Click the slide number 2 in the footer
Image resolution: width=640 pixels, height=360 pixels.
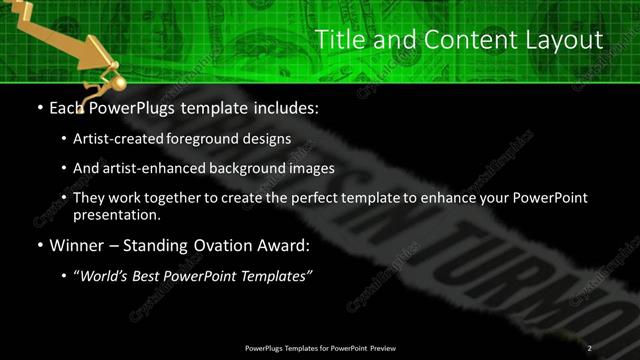click(590, 348)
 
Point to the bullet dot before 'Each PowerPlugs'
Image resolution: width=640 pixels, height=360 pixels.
click(38, 107)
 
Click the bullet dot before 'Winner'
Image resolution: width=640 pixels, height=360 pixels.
click(38, 246)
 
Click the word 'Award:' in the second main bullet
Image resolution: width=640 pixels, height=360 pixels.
click(286, 245)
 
